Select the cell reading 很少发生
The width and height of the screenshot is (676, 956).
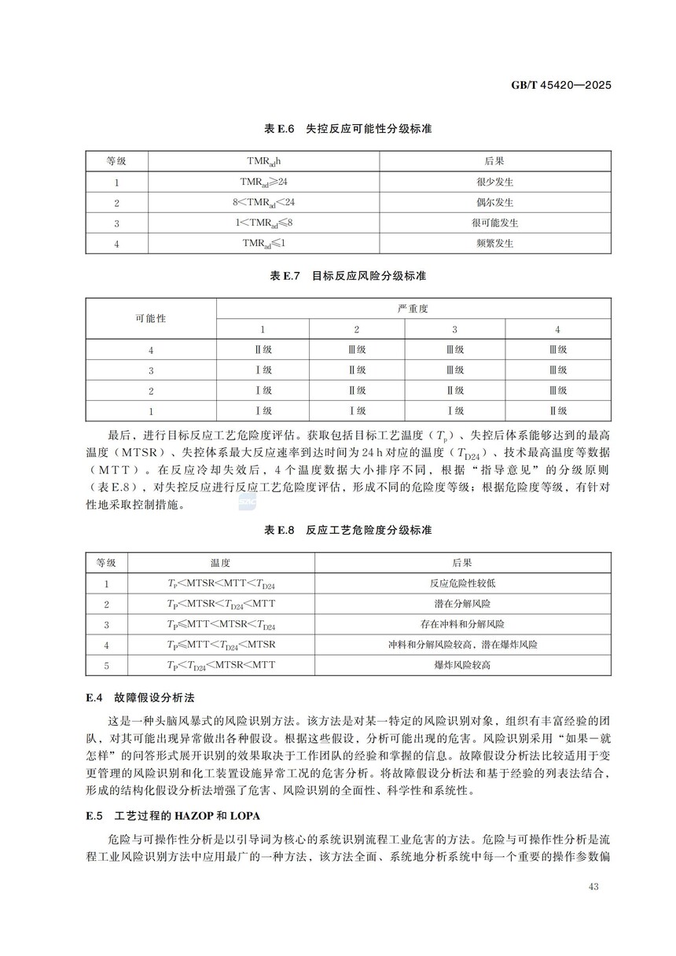494,182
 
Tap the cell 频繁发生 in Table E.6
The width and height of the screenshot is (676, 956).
494,243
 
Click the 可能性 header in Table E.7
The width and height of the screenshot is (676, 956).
150,318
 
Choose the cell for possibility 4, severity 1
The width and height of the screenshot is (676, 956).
263,349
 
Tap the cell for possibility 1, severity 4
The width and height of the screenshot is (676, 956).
557,410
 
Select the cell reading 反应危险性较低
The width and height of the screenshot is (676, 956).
462,583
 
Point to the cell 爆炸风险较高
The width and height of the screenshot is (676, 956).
462,665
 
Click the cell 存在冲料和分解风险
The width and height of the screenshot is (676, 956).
462,624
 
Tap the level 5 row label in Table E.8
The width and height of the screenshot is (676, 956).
106,665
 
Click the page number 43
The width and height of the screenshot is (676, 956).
592,888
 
